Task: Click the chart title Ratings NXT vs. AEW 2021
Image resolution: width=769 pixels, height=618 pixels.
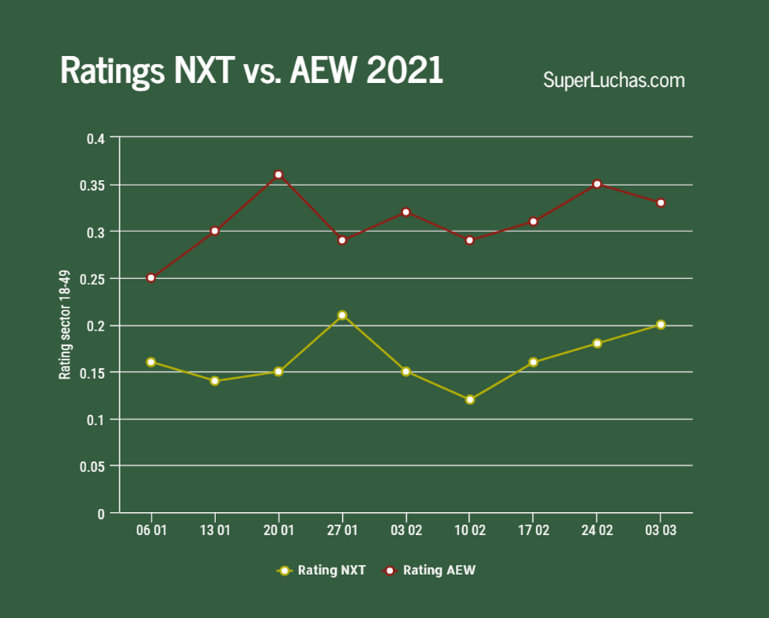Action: coord(251,71)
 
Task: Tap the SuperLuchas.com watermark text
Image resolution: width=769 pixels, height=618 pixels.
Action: coord(614,79)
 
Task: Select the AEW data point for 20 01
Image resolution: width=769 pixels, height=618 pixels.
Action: coord(278,174)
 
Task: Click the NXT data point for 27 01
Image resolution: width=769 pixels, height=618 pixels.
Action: coord(342,315)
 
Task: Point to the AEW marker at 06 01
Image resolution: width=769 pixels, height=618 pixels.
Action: coord(151,277)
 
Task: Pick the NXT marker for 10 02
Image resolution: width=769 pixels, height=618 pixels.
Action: coord(469,400)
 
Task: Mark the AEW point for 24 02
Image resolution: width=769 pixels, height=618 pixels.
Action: coord(597,184)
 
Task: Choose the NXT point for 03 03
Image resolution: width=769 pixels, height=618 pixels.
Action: coord(661,324)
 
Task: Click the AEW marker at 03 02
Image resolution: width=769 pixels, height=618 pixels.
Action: coord(406,212)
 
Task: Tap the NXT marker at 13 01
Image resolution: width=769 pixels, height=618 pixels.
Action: coord(215,380)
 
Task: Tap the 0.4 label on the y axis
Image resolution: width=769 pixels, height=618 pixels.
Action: coord(96,138)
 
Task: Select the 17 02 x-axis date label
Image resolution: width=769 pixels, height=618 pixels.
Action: coord(533,532)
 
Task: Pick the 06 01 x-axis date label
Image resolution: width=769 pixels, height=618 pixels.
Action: coord(151,532)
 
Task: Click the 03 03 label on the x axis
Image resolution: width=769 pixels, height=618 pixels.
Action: coord(661,532)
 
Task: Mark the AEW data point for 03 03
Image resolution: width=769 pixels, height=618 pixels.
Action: coord(661,203)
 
